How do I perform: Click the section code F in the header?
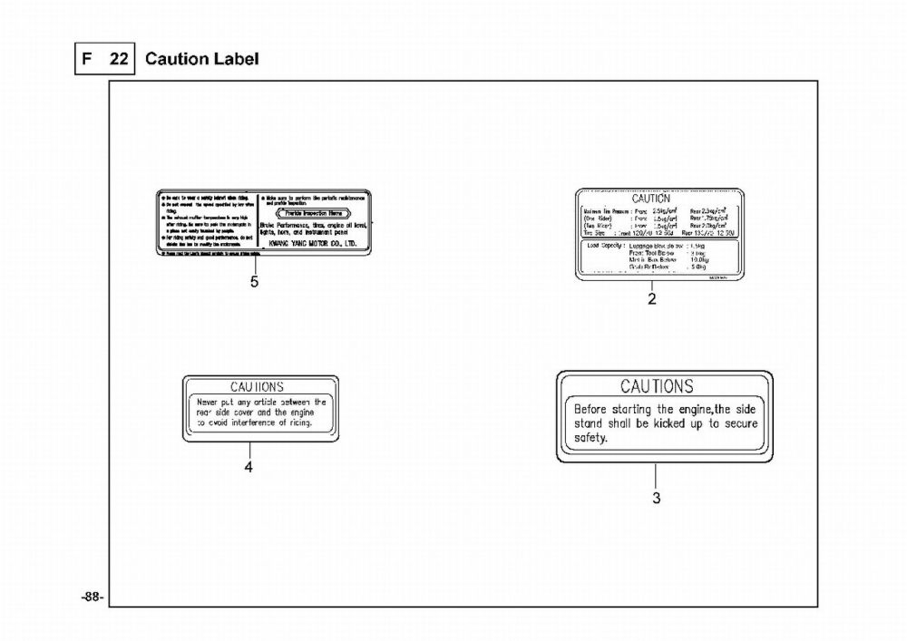click(x=88, y=59)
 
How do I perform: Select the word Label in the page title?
click(x=234, y=59)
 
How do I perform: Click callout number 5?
click(x=255, y=282)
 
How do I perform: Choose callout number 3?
click(x=657, y=497)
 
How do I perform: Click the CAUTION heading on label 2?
click(x=651, y=199)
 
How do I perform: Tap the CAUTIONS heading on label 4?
click(x=257, y=386)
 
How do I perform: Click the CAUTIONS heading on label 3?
click(x=657, y=386)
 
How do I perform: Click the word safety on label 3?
click(x=591, y=438)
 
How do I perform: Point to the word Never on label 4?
click(x=212, y=401)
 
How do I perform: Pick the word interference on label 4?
click(x=258, y=423)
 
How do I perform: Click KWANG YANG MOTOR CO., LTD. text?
click(x=308, y=244)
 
